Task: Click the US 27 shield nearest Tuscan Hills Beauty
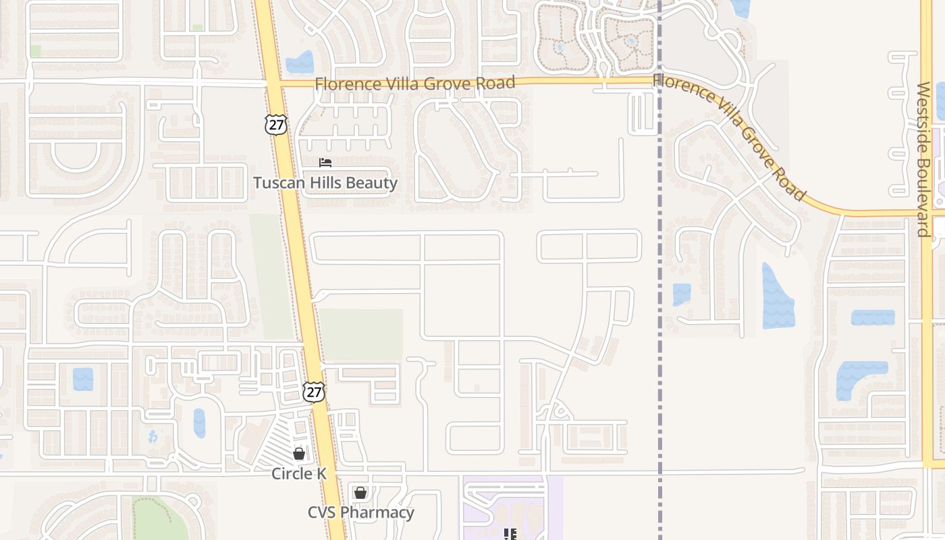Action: [x=276, y=124]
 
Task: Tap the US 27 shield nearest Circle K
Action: [x=313, y=391]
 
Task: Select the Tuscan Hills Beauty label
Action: [x=325, y=183]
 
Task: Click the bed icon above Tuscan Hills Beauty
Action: [x=325, y=163]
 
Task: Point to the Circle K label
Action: [x=299, y=474]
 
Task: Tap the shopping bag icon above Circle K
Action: [x=299, y=454]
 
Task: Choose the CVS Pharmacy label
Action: [x=361, y=512]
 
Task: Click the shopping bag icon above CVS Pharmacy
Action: [x=360, y=493]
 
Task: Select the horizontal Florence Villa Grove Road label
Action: [x=415, y=84]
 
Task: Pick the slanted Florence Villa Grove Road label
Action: [x=729, y=137]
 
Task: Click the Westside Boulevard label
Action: [x=923, y=159]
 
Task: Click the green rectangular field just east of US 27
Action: [x=362, y=335]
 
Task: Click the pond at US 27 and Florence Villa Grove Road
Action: [x=300, y=63]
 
